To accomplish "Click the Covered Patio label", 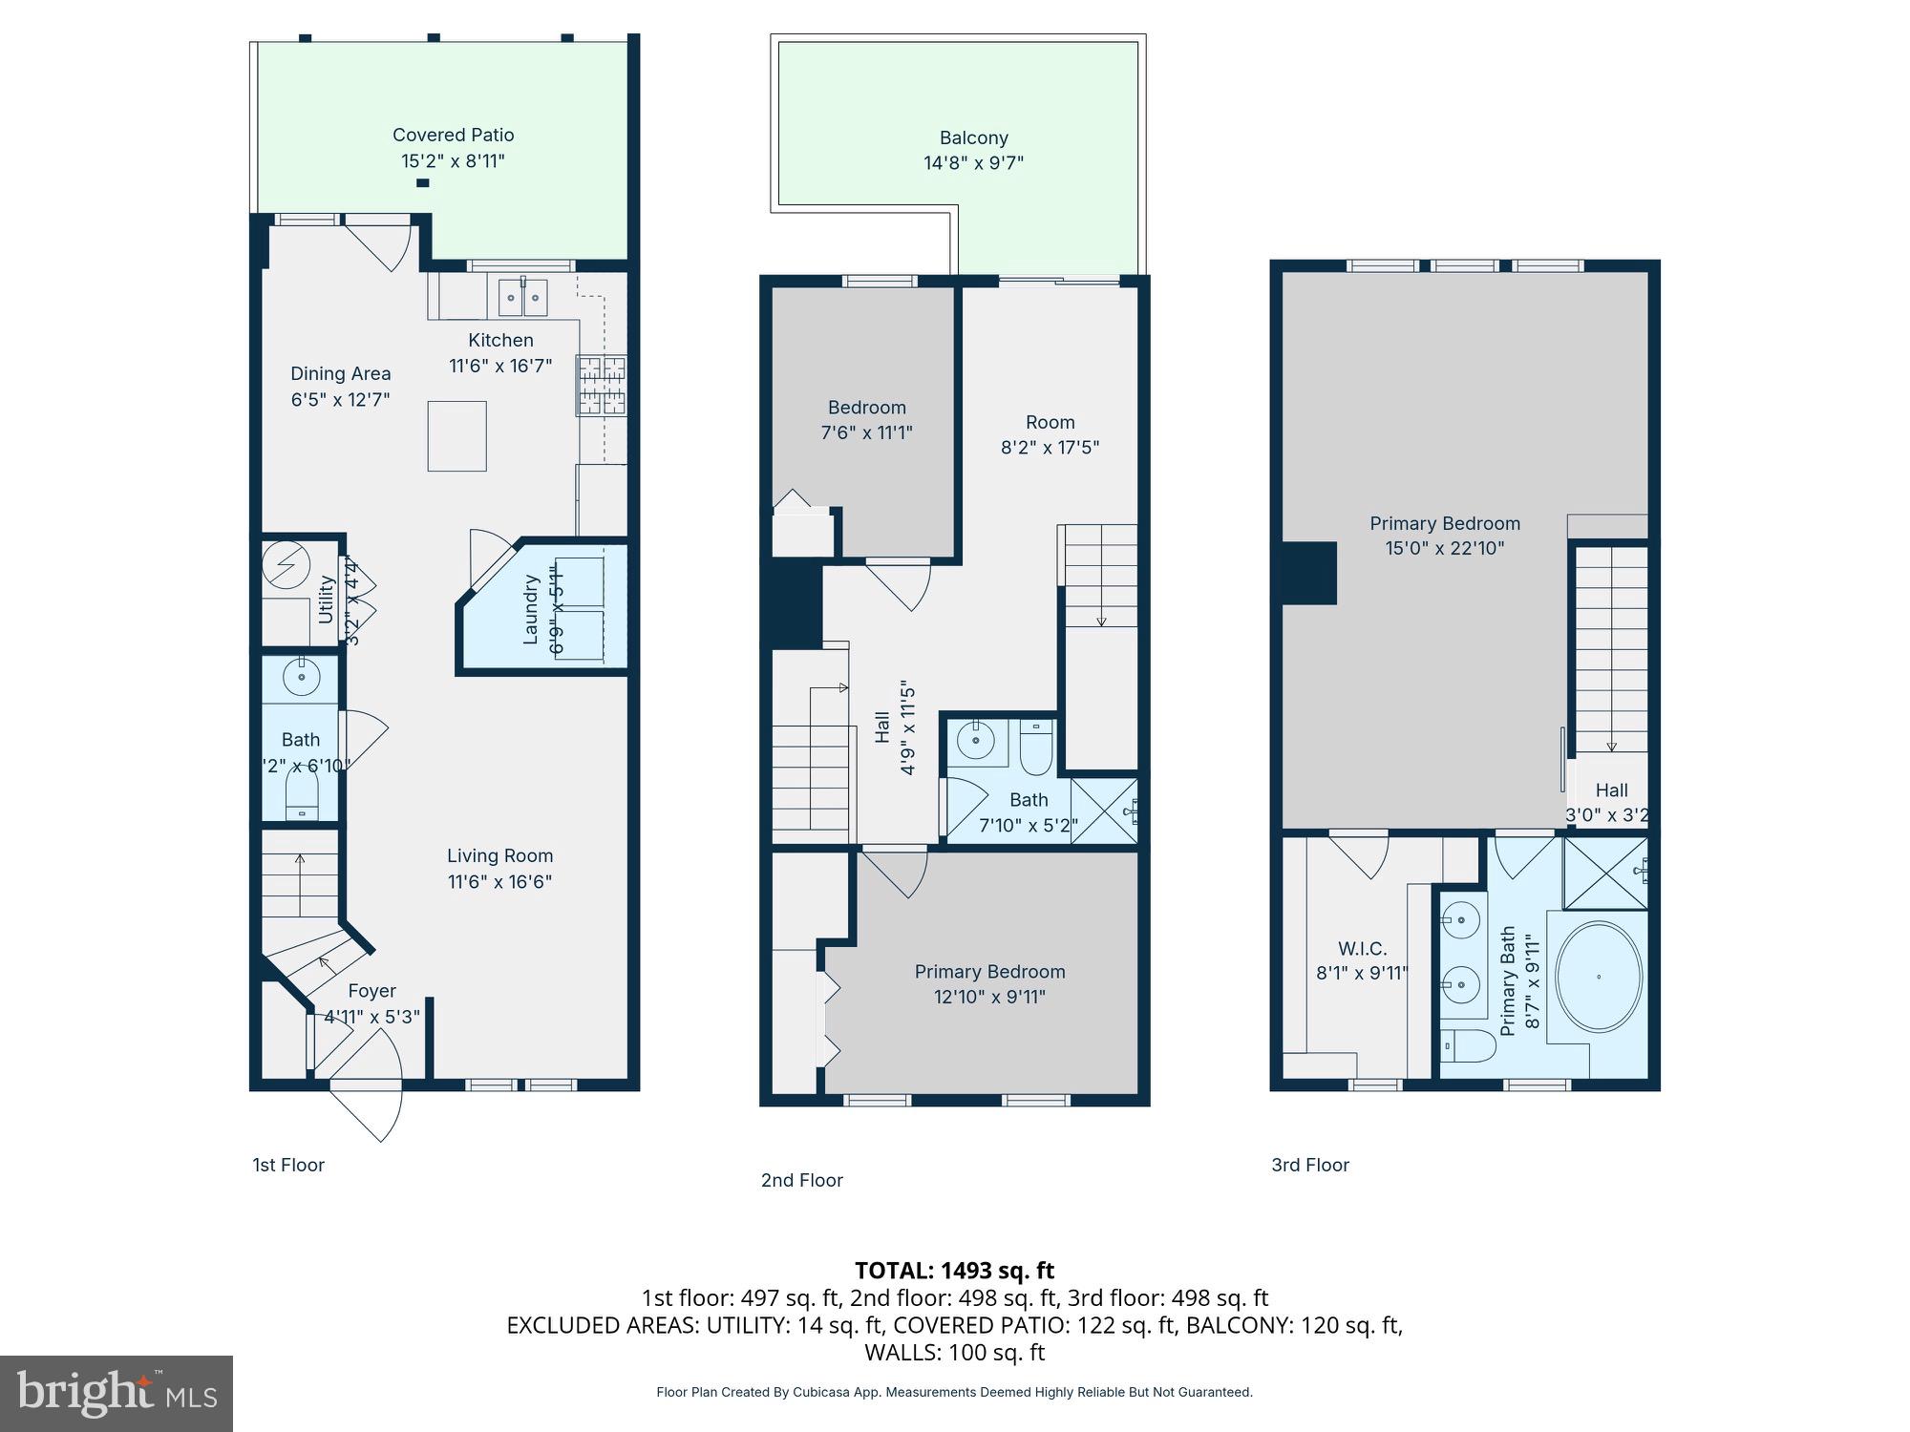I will (x=453, y=136).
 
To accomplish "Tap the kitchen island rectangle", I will (x=456, y=436).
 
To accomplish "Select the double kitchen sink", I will (x=522, y=298).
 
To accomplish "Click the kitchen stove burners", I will (x=601, y=386).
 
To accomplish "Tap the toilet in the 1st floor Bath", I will (x=302, y=793).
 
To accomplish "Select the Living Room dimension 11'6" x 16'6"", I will (x=499, y=881).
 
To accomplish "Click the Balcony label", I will (x=973, y=138).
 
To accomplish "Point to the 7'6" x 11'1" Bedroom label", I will (x=866, y=408).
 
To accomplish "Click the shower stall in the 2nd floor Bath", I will (x=1104, y=811).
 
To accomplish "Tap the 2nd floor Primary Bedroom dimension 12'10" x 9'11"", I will (x=989, y=997).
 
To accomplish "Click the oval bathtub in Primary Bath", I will (x=1599, y=977).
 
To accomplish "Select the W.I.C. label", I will (x=1362, y=949).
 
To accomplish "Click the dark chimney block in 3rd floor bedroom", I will (x=1308, y=573).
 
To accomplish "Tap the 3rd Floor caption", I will (x=1309, y=1165).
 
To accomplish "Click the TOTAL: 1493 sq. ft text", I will (x=954, y=1271).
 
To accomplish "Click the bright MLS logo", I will (x=117, y=1394).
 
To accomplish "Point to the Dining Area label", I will (x=340, y=374).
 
